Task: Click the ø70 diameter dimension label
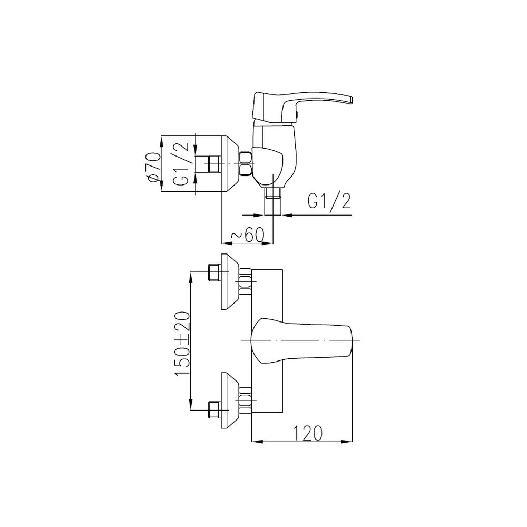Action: click(x=153, y=168)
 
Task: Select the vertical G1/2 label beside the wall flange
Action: click(x=181, y=164)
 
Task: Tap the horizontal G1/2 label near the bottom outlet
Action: click(x=329, y=202)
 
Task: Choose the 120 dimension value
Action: click(x=308, y=432)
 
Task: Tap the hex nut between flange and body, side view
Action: click(x=246, y=164)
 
